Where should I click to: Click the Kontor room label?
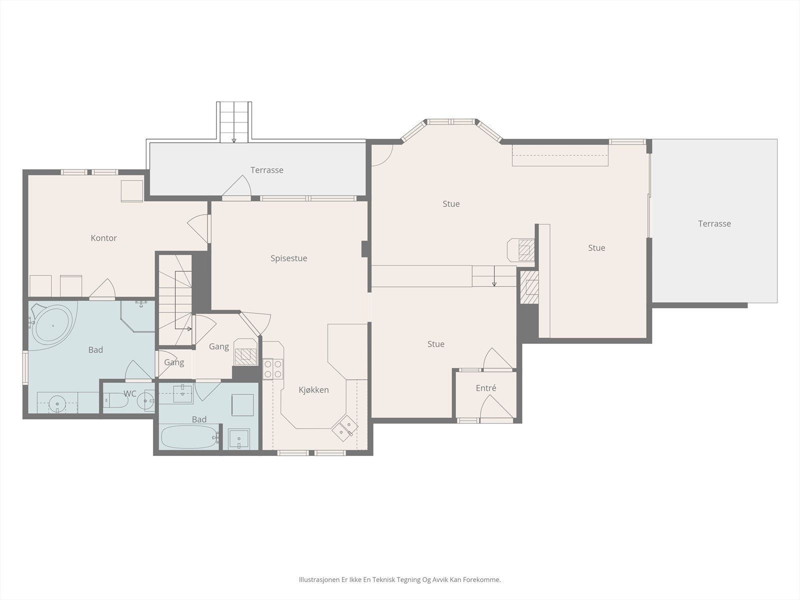click(103, 238)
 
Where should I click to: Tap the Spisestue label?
click(288, 258)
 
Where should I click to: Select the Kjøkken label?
click(313, 390)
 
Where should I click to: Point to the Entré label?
click(486, 388)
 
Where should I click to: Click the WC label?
click(129, 393)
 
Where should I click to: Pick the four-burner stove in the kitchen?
click(273, 368)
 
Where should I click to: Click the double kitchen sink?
click(345, 428)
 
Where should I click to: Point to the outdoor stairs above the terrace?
click(234, 122)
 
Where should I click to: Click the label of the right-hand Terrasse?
click(714, 223)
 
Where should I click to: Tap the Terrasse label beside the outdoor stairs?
click(267, 170)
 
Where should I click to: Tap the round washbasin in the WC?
click(146, 401)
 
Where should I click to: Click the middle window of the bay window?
click(451, 121)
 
